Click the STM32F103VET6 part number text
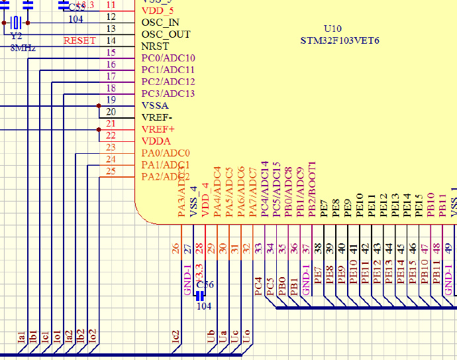[x=340, y=41]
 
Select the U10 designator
[x=332, y=29]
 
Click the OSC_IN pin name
[x=160, y=22]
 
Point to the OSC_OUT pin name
[x=166, y=34]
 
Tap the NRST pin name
[x=154, y=46]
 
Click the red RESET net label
[x=79, y=41]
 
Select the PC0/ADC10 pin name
[x=168, y=58]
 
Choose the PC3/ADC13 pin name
[x=168, y=93]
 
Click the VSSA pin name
[x=155, y=105]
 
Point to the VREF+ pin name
[x=158, y=129]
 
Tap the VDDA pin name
[x=156, y=141]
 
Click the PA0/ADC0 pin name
[x=166, y=153]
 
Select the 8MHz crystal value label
[x=23, y=48]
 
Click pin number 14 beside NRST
[x=111, y=40]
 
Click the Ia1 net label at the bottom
[x=21, y=337]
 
